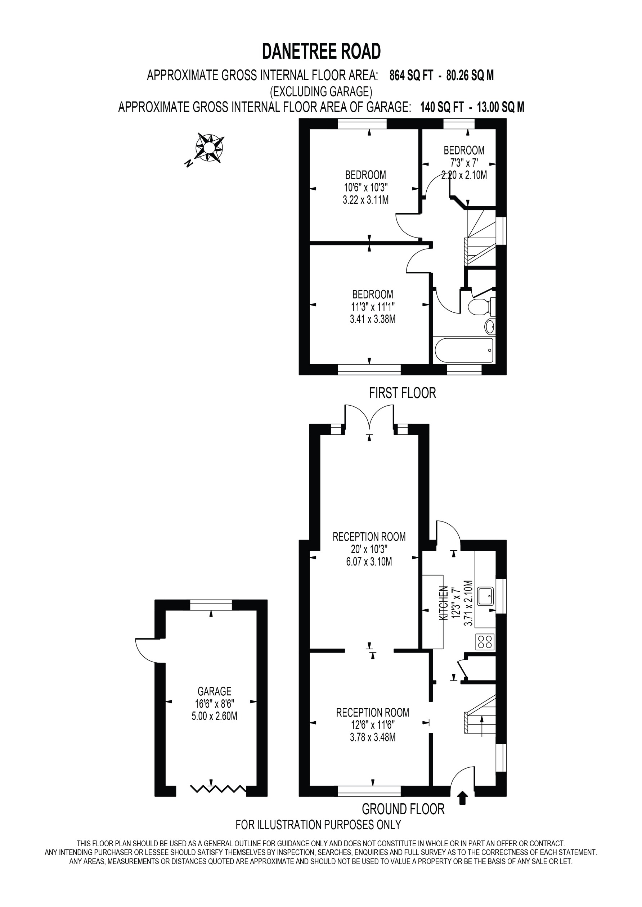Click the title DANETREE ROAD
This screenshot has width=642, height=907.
(321, 51)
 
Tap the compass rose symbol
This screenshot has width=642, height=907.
(210, 148)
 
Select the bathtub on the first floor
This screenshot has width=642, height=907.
(464, 350)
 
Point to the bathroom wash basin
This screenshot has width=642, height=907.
(490, 326)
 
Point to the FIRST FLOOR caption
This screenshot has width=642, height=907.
(402, 393)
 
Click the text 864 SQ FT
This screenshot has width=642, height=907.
(411, 75)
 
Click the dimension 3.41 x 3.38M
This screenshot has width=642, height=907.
(372, 319)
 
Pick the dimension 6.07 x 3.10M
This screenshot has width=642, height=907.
(369, 561)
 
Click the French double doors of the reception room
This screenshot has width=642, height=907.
(369, 417)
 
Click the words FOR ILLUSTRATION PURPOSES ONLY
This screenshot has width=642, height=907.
(318, 825)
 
